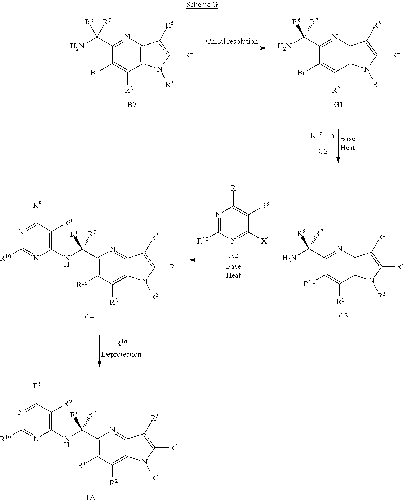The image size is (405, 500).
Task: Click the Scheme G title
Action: click(202, 5)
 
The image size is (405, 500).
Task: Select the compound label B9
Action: click(131, 104)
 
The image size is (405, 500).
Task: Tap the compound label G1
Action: click(338, 104)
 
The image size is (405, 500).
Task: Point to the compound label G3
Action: click(343, 316)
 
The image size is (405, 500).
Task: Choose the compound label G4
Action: click(89, 317)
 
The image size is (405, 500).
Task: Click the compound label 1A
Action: click(91, 497)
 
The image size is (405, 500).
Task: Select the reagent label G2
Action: click(323, 151)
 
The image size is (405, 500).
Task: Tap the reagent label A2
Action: click(233, 255)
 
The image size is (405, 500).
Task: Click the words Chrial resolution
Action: click(232, 41)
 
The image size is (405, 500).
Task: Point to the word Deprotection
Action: click(121, 354)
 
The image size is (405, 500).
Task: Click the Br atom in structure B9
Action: click(94, 73)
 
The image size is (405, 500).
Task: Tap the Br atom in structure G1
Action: click(301, 73)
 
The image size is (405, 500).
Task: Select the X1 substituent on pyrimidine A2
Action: click(265, 241)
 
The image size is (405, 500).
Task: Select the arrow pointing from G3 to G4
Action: click(230, 260)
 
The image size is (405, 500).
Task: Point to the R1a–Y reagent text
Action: click(323, 135)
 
